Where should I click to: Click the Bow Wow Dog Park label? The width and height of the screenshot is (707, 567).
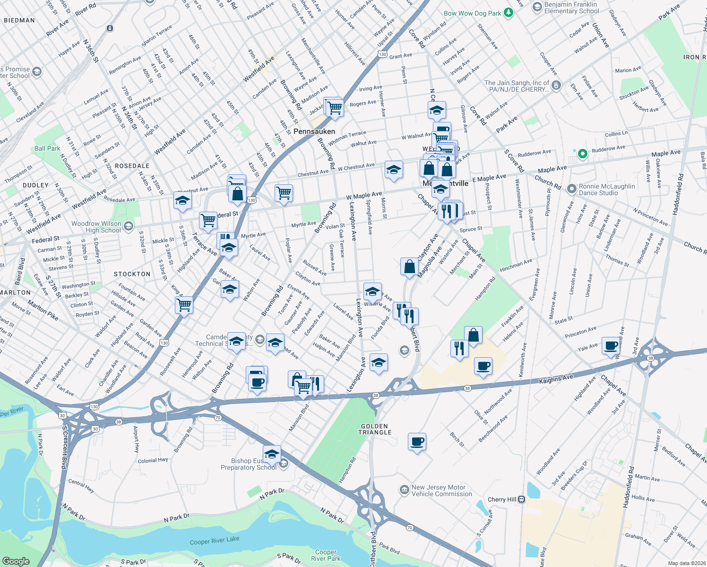point(472,13)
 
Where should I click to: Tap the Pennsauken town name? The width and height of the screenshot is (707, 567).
point(314,131)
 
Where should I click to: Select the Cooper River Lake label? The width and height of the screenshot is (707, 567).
point(215,541)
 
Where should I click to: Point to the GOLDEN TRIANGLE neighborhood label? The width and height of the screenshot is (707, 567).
point(375,429)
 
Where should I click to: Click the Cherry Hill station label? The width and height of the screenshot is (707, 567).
point(502,499)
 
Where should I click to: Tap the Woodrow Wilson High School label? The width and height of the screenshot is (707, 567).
point(96,227)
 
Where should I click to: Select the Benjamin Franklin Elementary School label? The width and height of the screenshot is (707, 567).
point(571,8)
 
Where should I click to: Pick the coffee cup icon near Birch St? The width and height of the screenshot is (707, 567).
point(417,442)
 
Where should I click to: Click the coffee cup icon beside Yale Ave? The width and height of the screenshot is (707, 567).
point(611,345)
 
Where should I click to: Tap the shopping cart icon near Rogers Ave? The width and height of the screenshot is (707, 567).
point(335,107)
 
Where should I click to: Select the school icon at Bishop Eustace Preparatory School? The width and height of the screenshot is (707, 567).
point(272,454)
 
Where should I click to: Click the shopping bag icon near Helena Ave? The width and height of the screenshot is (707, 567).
point(473,335)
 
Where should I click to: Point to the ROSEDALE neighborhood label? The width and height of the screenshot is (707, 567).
point(132,166)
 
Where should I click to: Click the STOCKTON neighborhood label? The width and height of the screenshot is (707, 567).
point(132,274)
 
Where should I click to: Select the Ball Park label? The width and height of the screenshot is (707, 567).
point(47,148)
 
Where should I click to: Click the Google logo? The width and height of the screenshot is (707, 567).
point(16,561)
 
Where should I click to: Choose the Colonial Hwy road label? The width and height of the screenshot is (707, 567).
point(153,460)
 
